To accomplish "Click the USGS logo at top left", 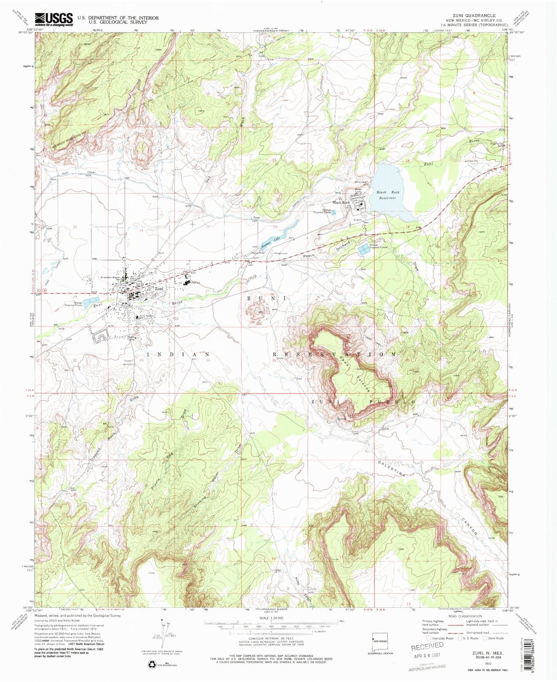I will pos(54,19).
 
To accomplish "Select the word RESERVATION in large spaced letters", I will pos(334,354).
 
